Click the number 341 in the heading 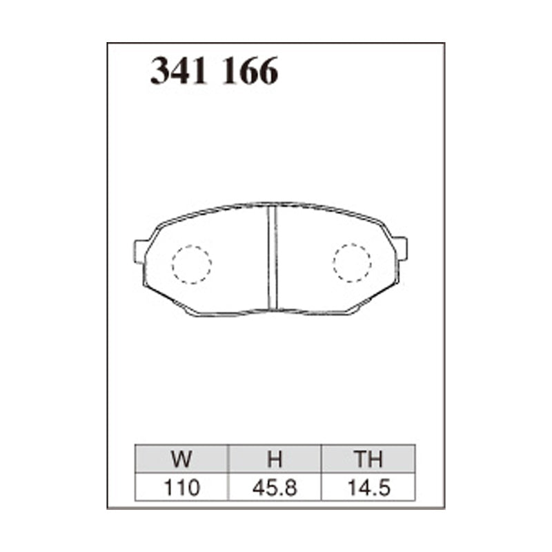(x=179, y=71)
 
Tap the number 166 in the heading (x=249, y=71)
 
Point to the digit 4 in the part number (x=181, y=71)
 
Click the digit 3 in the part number (x=160, y=71)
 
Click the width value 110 (x=181, y=489)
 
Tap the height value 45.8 (x=275, y=489)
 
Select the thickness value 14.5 (x=368, y=489)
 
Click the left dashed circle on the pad (x=191, y=264)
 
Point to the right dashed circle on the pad (x=352, y=262)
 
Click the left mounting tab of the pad (x=141, y=250)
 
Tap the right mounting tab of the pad (x=400, y=248)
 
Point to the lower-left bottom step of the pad (x=193, y=311)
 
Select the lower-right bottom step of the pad (x=352, y=310)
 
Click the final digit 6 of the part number (x=267, y=71)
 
